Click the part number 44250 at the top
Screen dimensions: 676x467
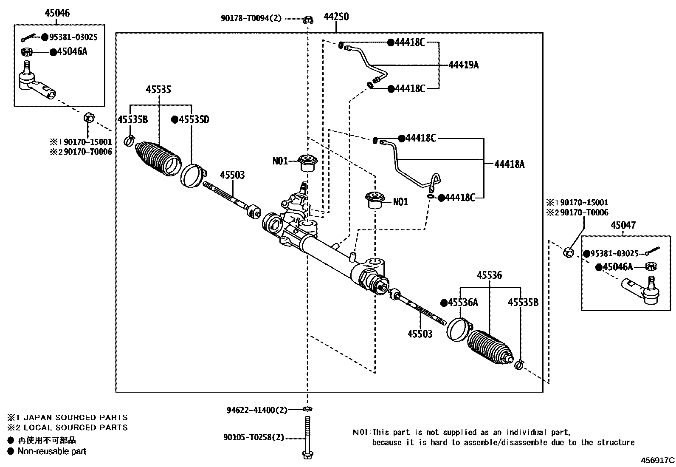click(x=336, y=17)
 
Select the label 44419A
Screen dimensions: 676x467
click(x=464, y=65)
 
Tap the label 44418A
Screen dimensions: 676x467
click(x=509, y=164)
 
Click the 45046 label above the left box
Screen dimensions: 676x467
click(x=57, y=13)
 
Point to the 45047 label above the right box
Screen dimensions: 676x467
click(x=623, y=225)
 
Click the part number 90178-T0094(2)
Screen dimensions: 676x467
click(x=251, y=18)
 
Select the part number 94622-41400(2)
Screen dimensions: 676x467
click(x=257, y=410)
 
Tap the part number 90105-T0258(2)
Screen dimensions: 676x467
click(x=254, y=437)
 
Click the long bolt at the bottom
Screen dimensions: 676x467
click(x=307, y=438)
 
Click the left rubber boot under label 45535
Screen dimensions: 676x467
click(x=158, y=159)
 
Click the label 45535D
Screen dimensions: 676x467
click(x=194, y=120)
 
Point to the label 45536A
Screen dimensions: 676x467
click(x=463, y=303)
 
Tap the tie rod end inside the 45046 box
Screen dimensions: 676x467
click(x=36, y=83)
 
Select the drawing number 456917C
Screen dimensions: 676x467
click(x=657, y=460)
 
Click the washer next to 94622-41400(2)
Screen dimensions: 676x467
click(x=307, y=409)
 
